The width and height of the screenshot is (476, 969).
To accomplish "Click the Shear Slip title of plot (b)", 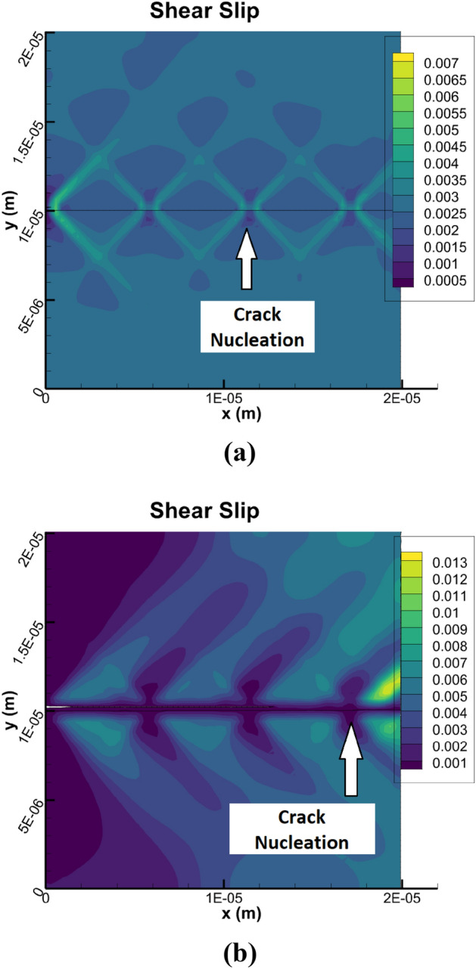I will (224, 512).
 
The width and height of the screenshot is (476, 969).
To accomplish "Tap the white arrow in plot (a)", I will (246, 259).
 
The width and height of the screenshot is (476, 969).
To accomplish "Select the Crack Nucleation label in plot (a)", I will (257, 327).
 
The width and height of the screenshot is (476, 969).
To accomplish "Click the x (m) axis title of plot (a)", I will (223, 413).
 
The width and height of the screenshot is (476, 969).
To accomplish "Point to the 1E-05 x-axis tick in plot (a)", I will (222, 398).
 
